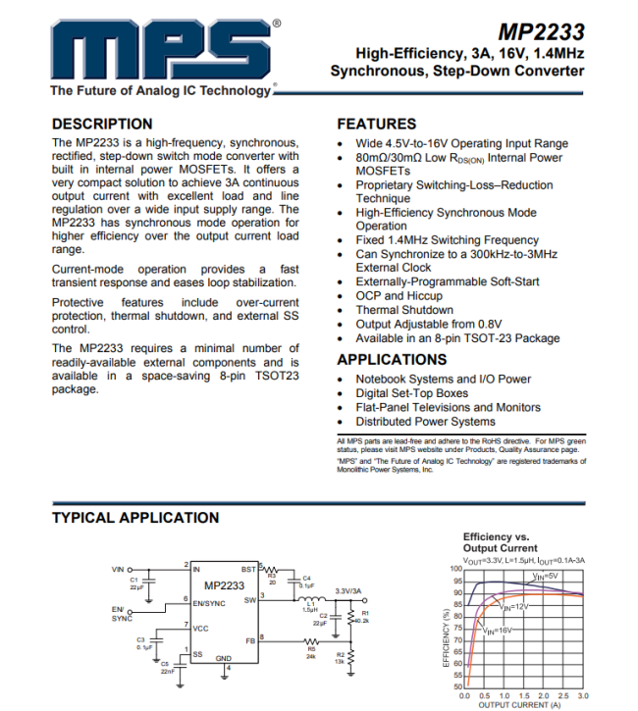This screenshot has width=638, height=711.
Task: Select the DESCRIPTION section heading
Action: coord(102,125)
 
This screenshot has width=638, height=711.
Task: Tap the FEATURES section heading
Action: coord(377,125)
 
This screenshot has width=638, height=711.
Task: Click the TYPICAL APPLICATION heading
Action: coord(135,518)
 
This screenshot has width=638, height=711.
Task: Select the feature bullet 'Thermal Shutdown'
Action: coord(403,310)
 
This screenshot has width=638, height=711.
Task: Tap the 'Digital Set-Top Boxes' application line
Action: coord(411,393)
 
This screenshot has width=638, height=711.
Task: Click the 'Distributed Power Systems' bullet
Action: coord(425,422)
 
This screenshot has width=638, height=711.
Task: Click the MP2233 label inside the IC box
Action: coord(224,585)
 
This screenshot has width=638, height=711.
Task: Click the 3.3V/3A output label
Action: coord(348,590)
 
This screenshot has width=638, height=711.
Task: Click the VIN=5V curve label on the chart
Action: coord(546,576)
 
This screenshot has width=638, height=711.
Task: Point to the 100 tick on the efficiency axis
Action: coord(455,569)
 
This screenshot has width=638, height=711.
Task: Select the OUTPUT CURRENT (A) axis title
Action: coord(520,704)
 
